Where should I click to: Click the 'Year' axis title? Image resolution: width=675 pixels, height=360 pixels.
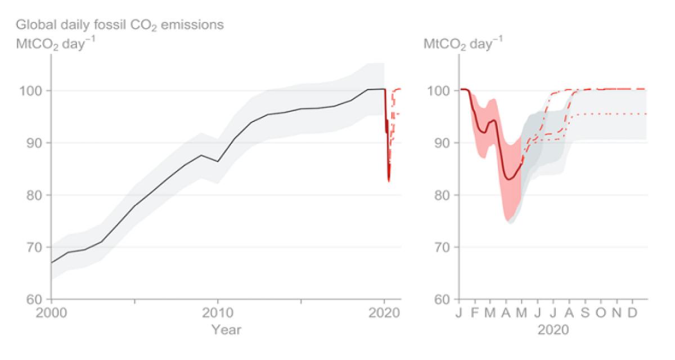226,330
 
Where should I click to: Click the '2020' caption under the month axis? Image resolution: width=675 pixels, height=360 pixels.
553,330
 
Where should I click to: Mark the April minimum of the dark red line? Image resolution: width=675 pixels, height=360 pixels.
508,179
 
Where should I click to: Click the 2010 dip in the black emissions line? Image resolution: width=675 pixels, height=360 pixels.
218,161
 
